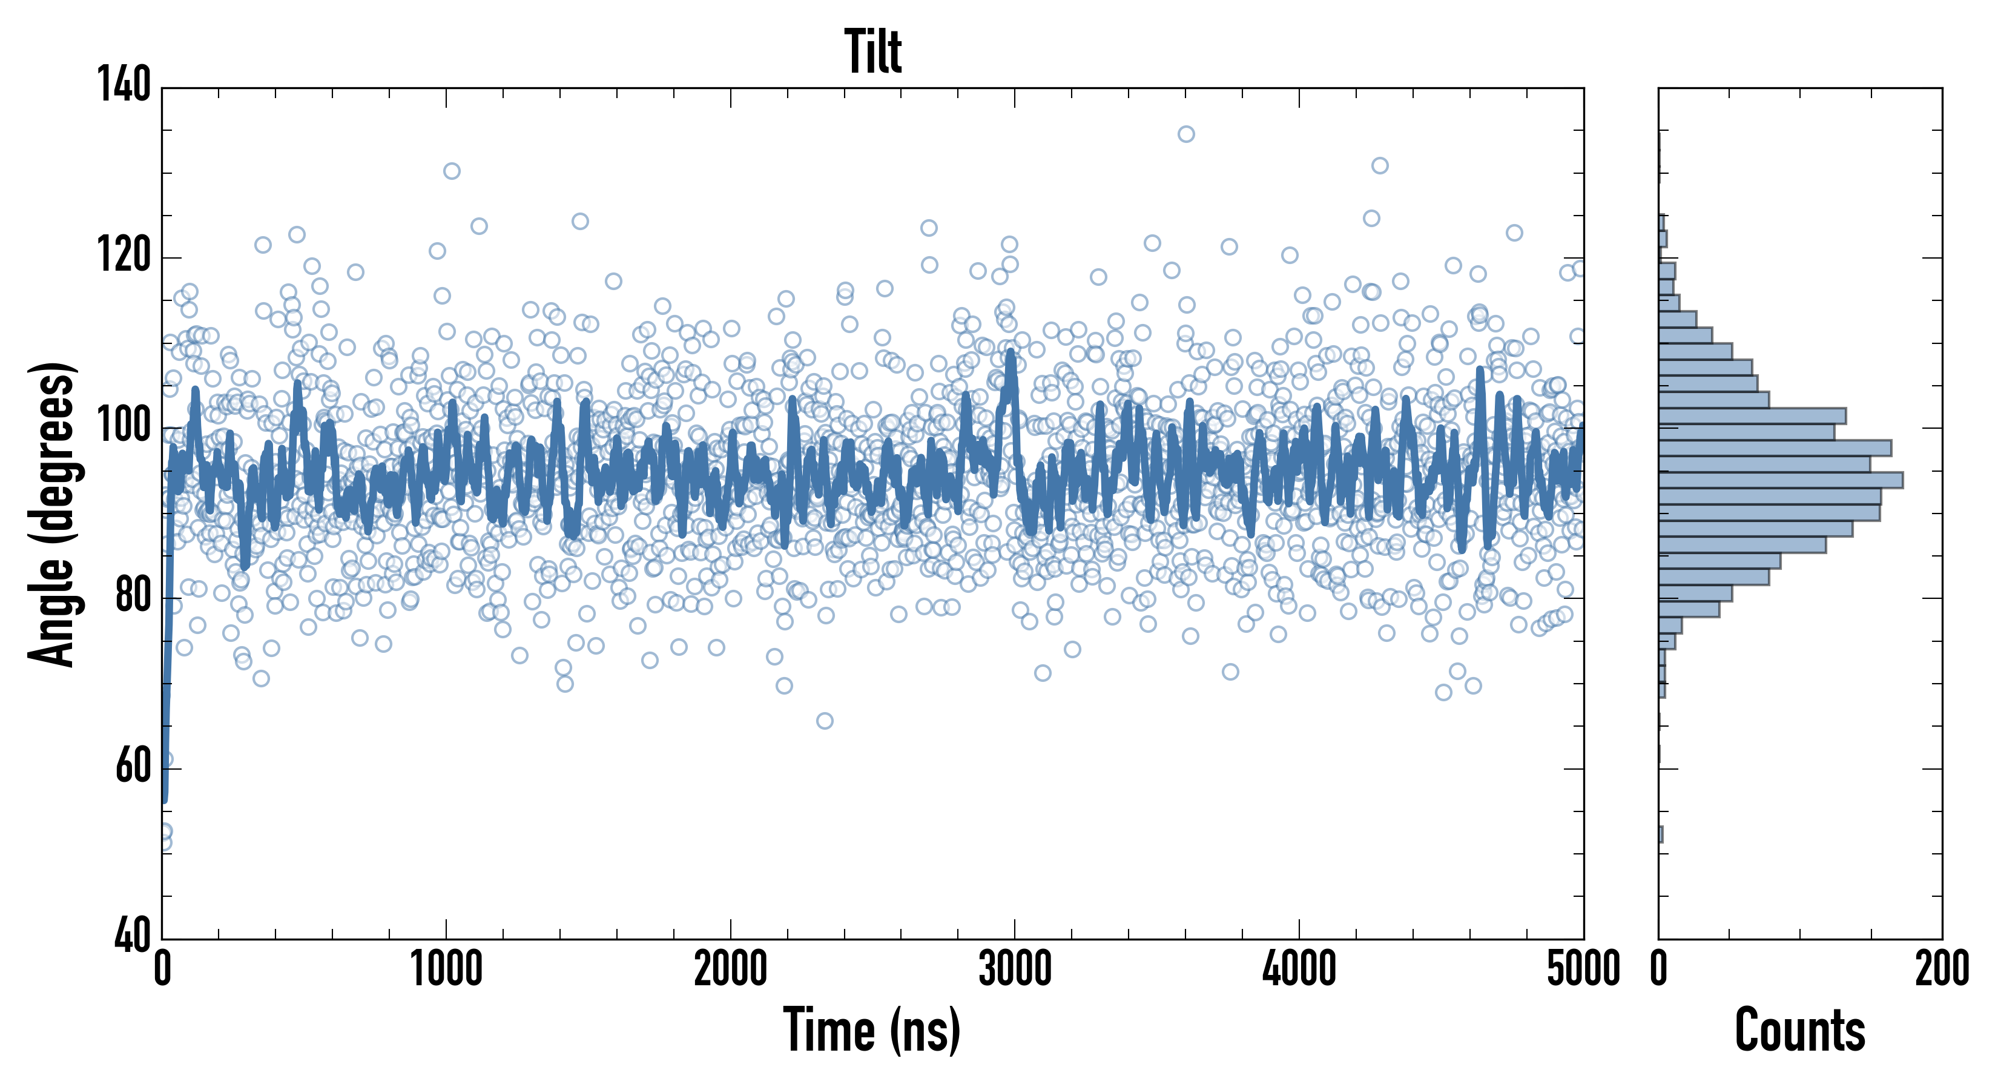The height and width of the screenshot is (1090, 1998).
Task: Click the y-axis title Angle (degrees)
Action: (x=52, y=514)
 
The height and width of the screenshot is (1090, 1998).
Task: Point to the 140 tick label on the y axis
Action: (x=124, y=85)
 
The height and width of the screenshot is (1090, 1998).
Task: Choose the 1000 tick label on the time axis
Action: (x=446, y=969)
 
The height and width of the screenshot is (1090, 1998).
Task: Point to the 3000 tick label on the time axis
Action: (x=1015, y=969)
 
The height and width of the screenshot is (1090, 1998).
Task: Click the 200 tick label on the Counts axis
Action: (x=1941, y=969)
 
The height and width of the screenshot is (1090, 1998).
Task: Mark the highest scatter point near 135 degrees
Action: (x=1186, y=134)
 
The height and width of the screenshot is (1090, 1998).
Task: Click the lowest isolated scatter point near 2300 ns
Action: (x=825, y=721)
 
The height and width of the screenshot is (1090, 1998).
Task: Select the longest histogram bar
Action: (x=1780, y=480)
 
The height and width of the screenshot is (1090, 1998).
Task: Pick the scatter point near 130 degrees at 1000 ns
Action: (x=452, y=171)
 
